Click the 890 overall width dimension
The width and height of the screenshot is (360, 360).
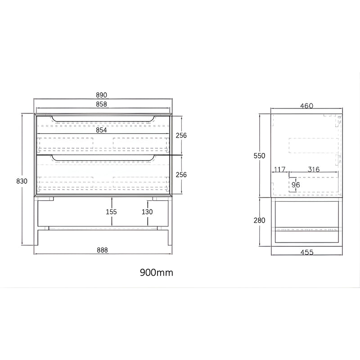tap(102, 95)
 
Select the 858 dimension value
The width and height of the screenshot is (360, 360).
tap(102, 104)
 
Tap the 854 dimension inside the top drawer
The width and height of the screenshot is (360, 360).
tap(101, 130)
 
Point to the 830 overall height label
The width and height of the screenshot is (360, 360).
tap(22, 181)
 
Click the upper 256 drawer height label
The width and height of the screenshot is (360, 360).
tap(181, 135)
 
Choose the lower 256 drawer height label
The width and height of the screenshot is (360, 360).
tap(181, 175)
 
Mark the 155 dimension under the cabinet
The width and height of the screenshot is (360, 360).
tap(111, 211)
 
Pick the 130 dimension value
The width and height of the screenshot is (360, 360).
tap(147, 211)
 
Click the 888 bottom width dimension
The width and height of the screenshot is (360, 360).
tap(102, 250)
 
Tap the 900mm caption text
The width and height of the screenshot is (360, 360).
tap(156, 273)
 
